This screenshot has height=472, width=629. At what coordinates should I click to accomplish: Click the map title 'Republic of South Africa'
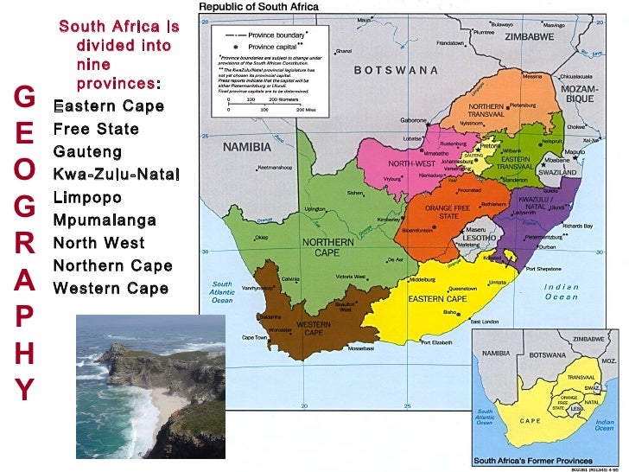[258, 7]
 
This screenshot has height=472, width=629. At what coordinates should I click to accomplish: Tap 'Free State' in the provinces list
[96, 130]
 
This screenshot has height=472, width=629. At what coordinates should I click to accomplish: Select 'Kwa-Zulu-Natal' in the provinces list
[117, 175]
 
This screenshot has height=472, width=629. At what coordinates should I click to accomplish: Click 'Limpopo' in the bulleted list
[89, 197]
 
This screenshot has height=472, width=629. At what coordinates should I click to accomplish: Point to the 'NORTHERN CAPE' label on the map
[321, 247]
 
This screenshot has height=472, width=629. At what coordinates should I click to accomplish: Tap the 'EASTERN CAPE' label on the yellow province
[437, 298]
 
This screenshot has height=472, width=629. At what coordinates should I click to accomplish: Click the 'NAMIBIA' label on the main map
[247, 147]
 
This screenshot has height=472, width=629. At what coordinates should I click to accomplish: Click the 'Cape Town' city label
[254, 337]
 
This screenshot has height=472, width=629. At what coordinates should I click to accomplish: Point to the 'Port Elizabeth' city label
[436, 342]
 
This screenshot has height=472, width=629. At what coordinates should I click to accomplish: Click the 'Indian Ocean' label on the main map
[561, 292]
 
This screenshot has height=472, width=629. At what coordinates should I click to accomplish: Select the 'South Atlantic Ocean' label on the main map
[222, 291]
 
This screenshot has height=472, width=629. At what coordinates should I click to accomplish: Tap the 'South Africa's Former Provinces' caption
[533, 461]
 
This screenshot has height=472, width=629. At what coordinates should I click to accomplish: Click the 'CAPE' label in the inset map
[530, 420]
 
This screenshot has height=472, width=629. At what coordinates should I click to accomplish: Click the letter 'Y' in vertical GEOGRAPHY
[25, 389]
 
